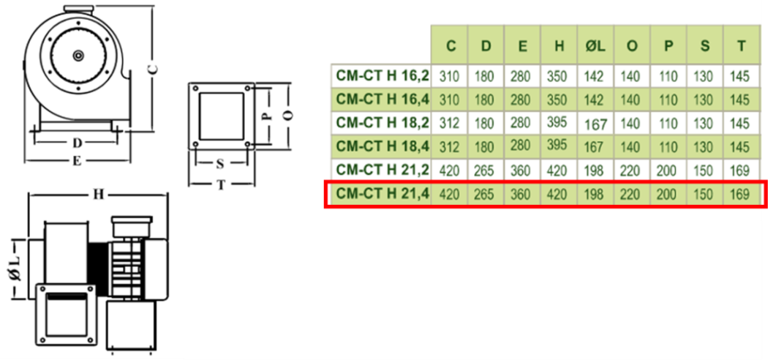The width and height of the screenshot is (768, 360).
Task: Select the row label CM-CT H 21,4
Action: (x=381, y=195)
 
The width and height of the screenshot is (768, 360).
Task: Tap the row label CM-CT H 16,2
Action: (x=381, y=75)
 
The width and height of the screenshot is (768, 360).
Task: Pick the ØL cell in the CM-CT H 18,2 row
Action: (x=595, y=123)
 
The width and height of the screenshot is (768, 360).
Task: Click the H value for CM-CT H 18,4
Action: (x=559, y=147)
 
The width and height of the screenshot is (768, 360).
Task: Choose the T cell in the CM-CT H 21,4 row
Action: (x=741, y=195)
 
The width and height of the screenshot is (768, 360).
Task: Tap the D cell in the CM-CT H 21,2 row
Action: (x=486, y=171)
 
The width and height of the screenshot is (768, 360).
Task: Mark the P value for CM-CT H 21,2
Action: (x=669, y=171)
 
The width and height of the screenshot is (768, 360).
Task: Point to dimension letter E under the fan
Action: (x=76, y=162)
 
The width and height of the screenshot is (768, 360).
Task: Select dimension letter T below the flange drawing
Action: (x=220, y=185)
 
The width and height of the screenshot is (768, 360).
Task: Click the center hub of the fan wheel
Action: (x=77, y=55)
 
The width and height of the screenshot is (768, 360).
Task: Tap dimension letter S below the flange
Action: (x=219, y=163)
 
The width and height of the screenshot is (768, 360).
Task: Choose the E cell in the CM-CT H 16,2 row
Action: (x=523, y=75)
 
